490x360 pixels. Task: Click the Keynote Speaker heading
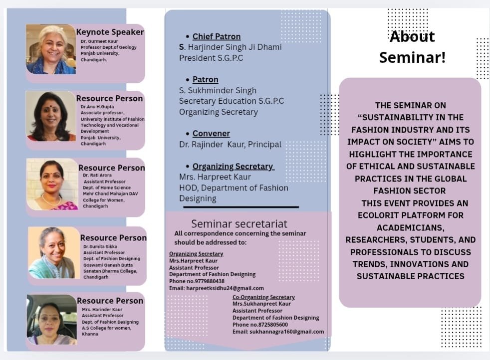(x=110, y=32)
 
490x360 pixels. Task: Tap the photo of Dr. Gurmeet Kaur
(x=51, y=49)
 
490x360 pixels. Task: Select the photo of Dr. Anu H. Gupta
(x=51, y=116)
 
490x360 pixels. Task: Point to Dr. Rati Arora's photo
(x=52, y=184)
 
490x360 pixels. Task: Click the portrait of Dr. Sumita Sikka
(x=54, y=253)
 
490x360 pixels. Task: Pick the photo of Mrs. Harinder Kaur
(x=52, y=320)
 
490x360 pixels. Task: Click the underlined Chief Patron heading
(x=217, y=36)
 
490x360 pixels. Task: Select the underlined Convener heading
(x=211, y=134)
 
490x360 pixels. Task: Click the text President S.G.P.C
(x=211, y=58)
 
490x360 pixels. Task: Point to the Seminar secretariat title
(x=239, y=224)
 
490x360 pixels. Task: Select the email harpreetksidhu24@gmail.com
(x=225, y=288)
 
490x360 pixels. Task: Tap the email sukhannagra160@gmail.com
(x=287, y=332)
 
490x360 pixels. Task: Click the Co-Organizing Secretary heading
(x=263, y=297)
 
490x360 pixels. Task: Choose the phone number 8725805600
(x=273, y=325)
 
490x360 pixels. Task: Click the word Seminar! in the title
(x=413, y=57)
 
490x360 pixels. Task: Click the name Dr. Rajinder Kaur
(x=212, y=145)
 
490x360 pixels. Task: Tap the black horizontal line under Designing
(x=241, y=207)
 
